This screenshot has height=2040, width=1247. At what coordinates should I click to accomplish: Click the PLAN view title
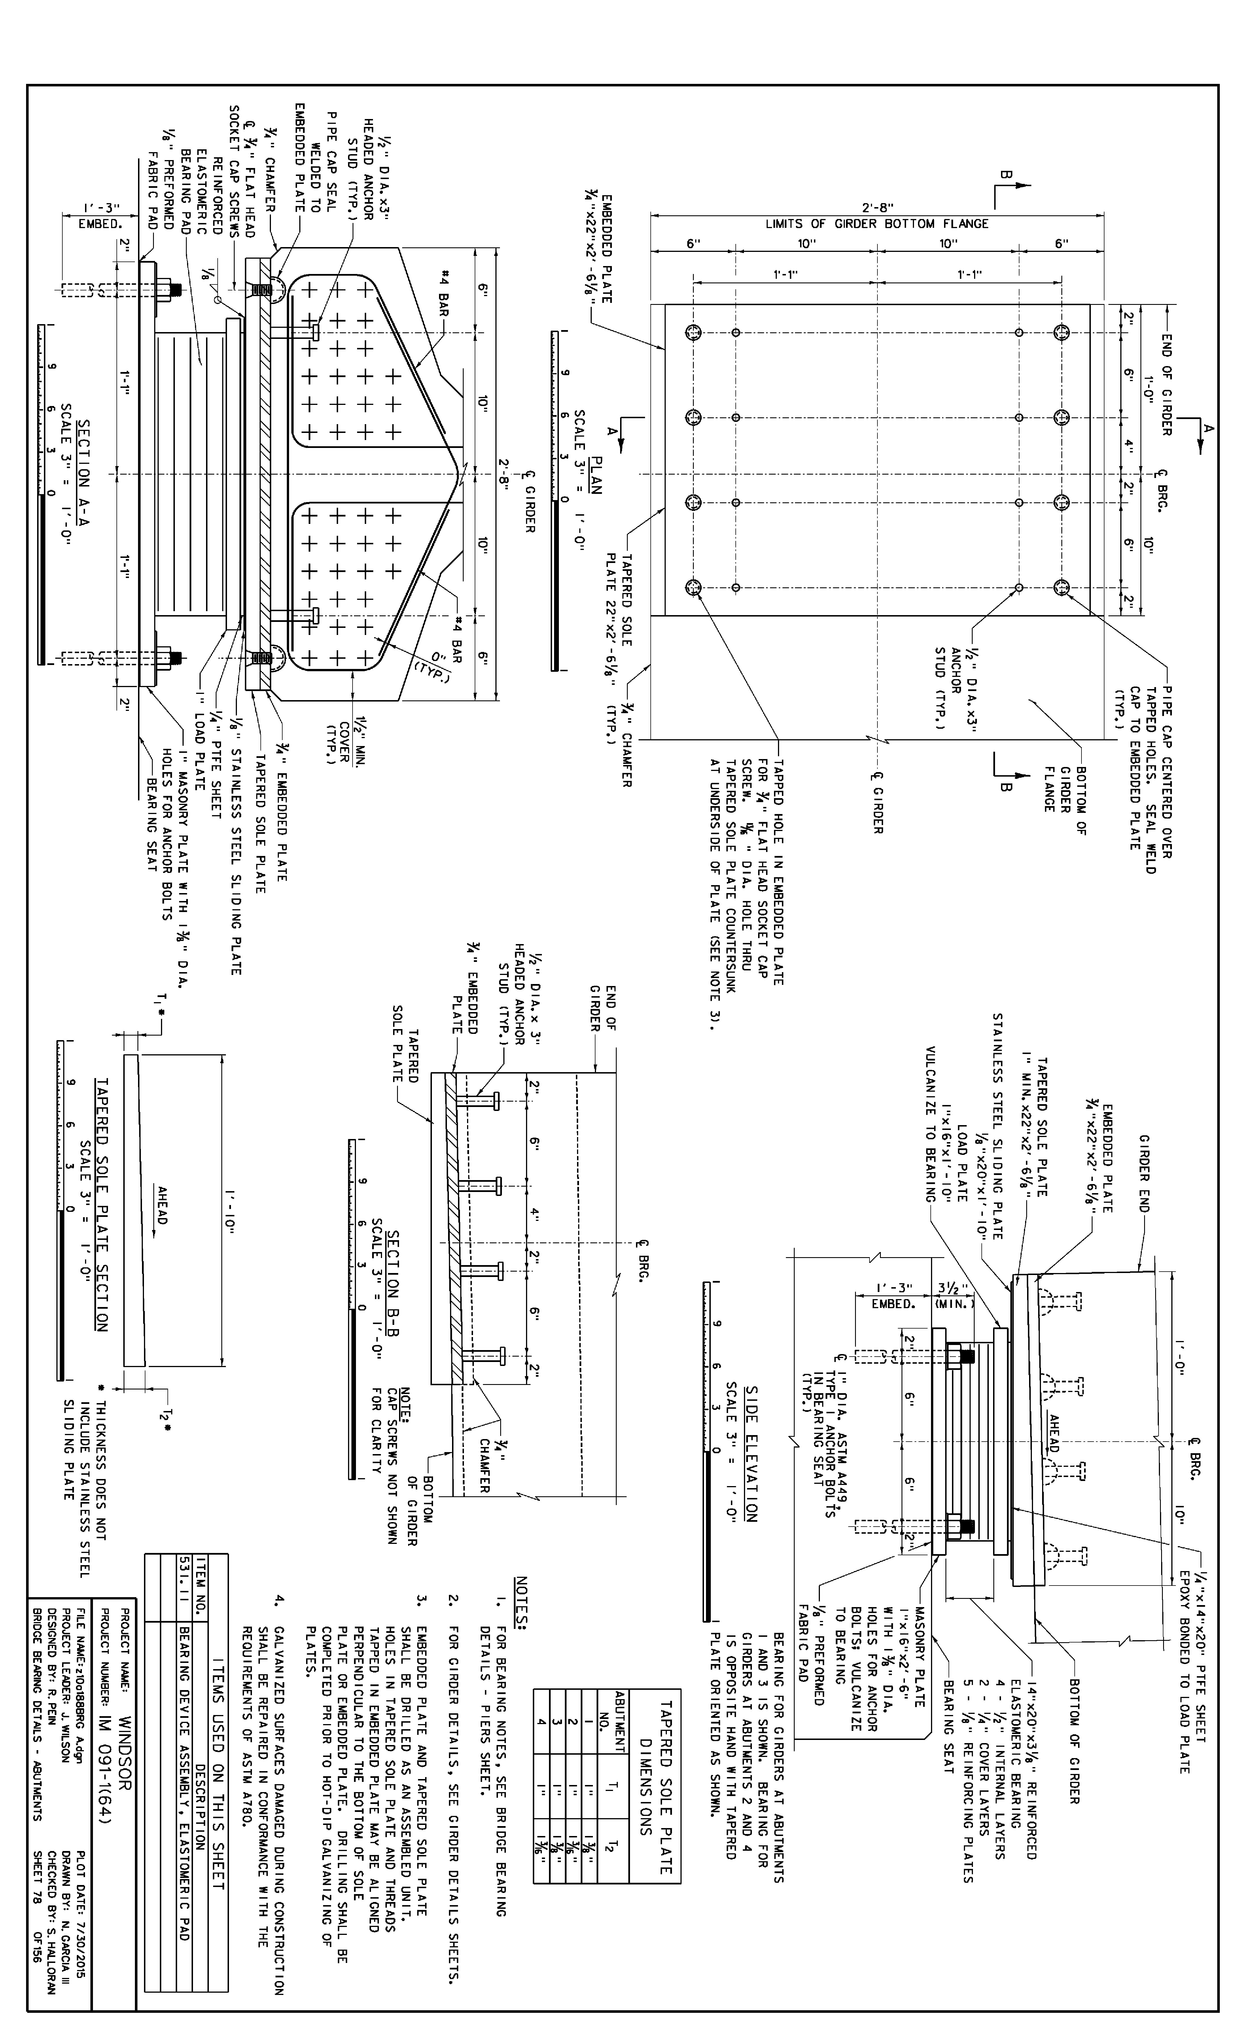[593, 477]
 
